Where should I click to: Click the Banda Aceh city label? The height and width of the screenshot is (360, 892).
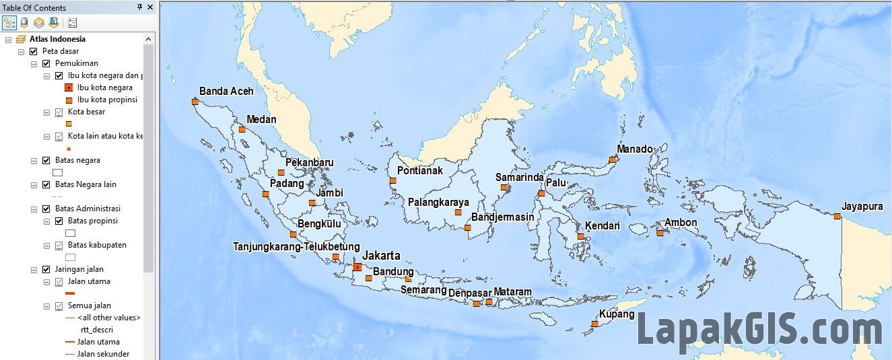coord(226,91)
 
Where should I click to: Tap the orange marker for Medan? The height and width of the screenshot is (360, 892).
coord(242,129)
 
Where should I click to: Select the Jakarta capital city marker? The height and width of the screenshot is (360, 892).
coord(357,267)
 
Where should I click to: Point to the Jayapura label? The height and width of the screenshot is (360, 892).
coord(862,207)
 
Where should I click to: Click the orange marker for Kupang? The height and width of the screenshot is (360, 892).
coord(594,324)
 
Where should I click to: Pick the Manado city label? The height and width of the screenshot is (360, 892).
coord(635,149)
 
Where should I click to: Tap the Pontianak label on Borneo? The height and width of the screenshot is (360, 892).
coord(420,170)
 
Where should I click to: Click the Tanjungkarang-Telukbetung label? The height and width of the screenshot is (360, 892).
coord(296,247)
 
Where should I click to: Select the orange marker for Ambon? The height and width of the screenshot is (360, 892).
coord(660,233)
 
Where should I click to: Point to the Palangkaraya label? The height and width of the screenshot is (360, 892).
coord(438,202)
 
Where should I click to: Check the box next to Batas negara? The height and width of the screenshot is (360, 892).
coord(46,160)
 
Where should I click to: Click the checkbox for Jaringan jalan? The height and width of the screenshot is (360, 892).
coord(46,269)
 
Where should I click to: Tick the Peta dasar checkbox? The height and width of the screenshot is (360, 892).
coord(33,51)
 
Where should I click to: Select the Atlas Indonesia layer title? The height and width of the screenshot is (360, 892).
coord(57,39)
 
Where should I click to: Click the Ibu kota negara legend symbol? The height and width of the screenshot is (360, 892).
coord(69,87)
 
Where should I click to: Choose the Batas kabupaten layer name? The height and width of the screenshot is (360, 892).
coord(97,245)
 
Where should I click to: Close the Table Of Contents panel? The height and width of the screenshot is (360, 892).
coord(149,7)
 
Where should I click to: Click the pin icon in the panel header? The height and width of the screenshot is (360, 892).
coord(139,7)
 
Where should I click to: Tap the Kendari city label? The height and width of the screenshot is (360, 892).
coord(602,225)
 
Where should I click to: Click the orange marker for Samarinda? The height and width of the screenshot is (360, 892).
coord(504,188)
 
